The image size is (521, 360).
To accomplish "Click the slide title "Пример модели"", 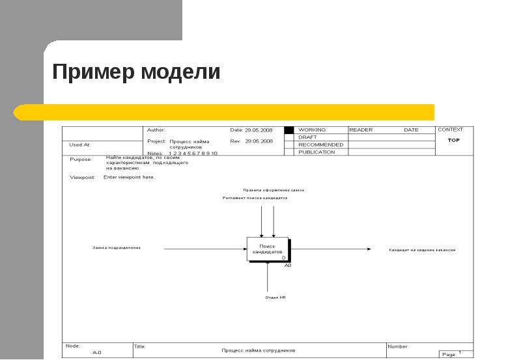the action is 136,72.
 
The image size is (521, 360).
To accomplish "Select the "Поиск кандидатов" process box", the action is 267,249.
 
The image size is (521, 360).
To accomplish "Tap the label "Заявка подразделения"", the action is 117,248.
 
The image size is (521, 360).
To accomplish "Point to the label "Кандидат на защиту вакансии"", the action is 422,250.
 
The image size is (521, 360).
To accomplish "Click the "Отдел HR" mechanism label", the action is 275,297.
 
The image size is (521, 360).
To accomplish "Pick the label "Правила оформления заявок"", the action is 274,190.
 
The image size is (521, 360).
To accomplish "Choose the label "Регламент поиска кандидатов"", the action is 255,198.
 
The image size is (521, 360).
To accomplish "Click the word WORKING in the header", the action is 311,130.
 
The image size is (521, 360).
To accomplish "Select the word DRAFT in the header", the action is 307,137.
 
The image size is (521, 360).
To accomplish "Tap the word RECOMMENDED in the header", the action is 320,145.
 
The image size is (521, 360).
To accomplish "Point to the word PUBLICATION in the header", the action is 317,152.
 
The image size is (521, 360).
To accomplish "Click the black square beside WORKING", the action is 289,130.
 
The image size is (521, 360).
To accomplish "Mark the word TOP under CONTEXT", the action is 454,140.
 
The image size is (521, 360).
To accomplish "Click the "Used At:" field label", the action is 79,145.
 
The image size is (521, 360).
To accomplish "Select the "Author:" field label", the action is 156,130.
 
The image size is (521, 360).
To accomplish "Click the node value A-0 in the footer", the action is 96,352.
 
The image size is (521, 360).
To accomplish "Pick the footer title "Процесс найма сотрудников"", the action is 259,350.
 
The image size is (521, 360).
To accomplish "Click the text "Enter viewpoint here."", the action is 129,177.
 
